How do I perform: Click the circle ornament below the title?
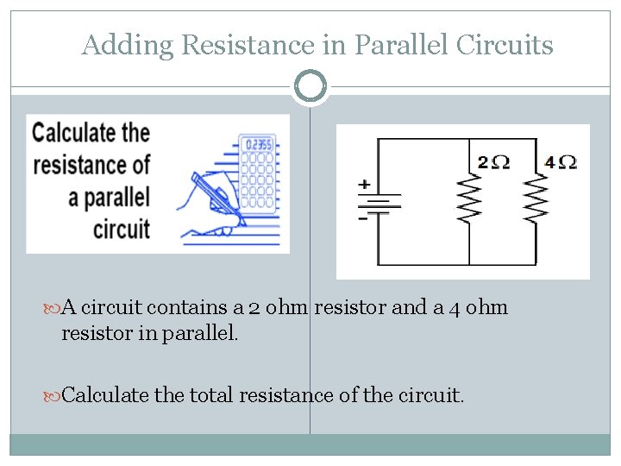coord(310,86)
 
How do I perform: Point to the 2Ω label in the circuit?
coord(493,161)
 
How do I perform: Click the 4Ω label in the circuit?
coord(561,161)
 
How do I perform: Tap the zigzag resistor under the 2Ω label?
coord(470,201)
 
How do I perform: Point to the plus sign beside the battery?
coord(364,185)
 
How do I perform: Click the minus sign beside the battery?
coord(363,218)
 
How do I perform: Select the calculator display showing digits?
coord(258,145)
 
